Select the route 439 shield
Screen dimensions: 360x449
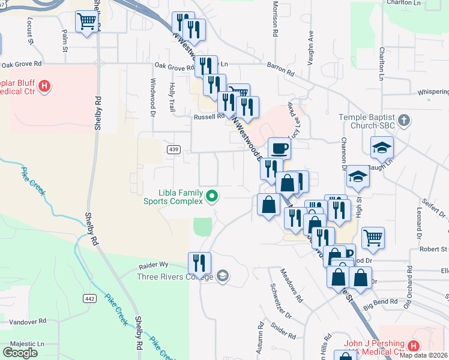coord(172,148)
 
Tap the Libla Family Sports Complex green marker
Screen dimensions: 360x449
coord(211,196)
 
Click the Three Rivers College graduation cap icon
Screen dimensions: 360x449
coord(222,276)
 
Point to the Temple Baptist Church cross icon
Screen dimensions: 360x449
coord(405,120)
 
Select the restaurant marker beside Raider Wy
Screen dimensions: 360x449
coord(199,262)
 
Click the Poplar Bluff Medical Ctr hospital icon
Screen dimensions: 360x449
coord(43,86)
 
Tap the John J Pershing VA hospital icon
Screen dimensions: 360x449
coord(413,346)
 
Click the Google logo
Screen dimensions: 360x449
coord(20,352)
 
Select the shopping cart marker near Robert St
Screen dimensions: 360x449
coord(373,238)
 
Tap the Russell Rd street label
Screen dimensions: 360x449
coord(208,117)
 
